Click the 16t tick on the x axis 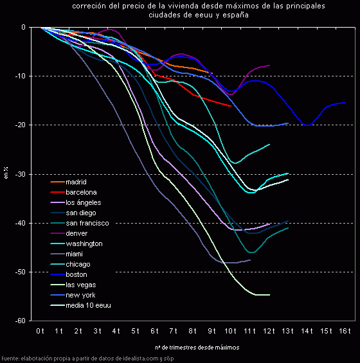click(345, 330)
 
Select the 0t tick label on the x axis click(40, 330)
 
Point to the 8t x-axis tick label click(192, 330)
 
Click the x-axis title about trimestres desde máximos click(197, 347)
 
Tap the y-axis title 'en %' click(6, 173)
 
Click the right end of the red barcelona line click(231, 106)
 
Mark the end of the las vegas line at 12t click(269, 294)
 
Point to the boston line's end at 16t click(345, 103)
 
